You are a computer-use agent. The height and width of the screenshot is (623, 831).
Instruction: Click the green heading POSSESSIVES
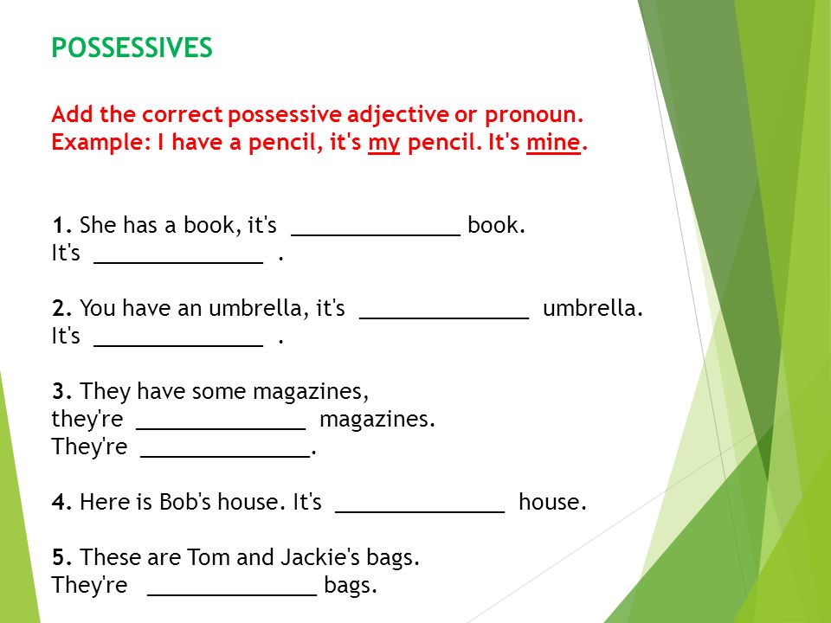coord(132,48)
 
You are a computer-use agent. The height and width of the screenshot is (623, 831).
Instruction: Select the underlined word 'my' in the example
coord(383,144)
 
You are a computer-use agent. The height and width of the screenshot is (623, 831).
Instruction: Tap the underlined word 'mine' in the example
coord(553,143)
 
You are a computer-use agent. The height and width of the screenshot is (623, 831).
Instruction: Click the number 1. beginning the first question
coord(62,225)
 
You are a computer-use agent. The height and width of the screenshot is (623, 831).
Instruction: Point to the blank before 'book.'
coord(376,234)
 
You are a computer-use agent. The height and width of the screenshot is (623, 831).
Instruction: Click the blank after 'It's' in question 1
coord(178,262)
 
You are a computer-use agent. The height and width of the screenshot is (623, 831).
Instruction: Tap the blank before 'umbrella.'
coord(444,318)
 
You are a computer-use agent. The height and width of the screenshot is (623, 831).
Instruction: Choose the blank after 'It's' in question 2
coord(178,345)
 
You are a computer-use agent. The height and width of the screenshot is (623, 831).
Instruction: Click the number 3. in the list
coord(62,391)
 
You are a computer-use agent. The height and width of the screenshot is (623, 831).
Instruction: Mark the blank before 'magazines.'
coord(221,428)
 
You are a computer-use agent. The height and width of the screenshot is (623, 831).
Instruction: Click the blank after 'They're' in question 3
coord(225,456)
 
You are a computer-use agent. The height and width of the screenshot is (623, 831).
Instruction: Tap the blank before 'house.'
coord(421,511)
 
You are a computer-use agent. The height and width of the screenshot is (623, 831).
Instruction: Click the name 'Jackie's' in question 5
coord(320,557)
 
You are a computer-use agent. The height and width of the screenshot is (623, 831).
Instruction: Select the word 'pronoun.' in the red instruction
coord(534,115)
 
